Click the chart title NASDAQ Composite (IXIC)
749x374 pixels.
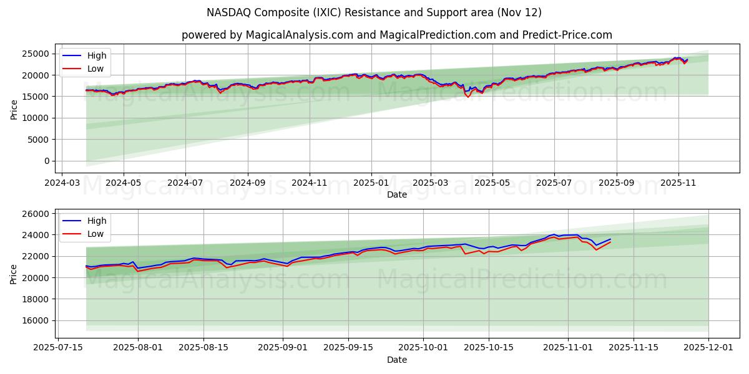pos(374,12)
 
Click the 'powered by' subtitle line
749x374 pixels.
pos(396,35)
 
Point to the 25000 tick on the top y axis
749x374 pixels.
pos(36,54)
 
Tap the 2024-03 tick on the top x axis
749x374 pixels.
pos(61,183)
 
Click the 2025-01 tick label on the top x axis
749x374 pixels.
pos(371,183)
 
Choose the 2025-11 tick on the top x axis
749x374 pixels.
pos(678,183)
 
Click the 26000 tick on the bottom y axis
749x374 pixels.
pos(36,214)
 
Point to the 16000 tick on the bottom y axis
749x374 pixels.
pos(36,320)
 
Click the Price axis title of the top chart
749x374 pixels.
pos(14,108)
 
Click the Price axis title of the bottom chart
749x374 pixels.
pos(14,274)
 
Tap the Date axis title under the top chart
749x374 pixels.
pos(396,194)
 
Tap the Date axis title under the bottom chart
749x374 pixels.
pos(396,360)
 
